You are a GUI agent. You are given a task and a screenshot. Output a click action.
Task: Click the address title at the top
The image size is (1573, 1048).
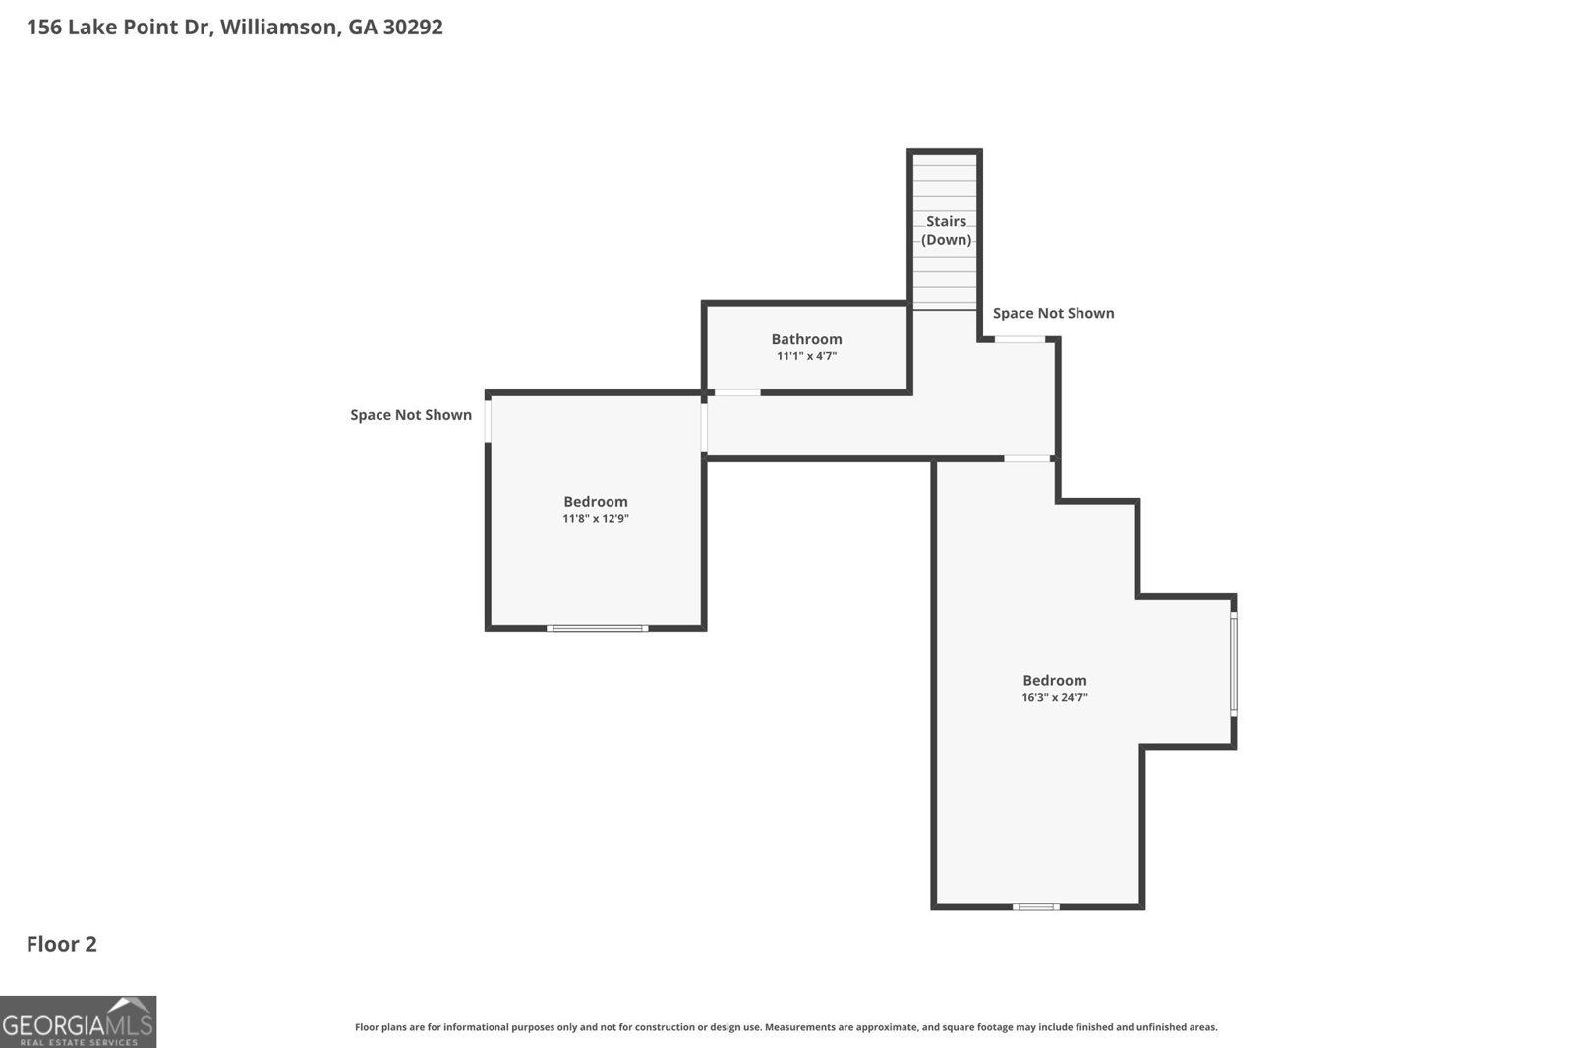[x=234, y=27]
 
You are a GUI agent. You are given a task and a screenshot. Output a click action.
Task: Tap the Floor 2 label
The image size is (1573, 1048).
[x=61, y=944]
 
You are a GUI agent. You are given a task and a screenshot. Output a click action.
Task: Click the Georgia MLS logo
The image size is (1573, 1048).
[x=78, y=1021]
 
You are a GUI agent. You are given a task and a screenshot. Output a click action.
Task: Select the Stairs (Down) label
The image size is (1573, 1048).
[x=946, y=230]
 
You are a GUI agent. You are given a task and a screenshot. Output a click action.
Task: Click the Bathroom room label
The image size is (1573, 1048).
[x=806, y=339]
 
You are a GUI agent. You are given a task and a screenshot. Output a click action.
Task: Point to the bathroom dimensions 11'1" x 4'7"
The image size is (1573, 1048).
[x=806, y=356]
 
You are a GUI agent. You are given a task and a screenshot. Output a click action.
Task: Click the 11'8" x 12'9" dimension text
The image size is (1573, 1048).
[x=596, y=518]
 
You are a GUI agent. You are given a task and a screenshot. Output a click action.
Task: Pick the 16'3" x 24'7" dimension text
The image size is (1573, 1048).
[x=1054, y=697]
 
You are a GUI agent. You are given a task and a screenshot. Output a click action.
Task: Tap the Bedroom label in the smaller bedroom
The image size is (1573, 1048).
[x=596, y=501]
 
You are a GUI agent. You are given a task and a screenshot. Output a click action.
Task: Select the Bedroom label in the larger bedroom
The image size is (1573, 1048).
[x=1054, y=680]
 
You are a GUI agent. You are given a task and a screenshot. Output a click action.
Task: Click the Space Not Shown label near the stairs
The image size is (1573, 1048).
[x=1053, y=313]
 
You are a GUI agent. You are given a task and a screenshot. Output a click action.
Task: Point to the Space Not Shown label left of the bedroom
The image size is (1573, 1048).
[x=411, y=415]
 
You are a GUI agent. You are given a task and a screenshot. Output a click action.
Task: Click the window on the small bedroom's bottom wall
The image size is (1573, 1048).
[x=598, y=628]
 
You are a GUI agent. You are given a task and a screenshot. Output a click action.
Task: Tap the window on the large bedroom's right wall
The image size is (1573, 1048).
[x=1234, y=664]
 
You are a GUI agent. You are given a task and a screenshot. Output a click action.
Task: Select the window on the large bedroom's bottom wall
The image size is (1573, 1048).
[x=1036, y=906]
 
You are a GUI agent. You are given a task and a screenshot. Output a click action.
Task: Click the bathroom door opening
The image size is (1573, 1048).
[x=737, y=392]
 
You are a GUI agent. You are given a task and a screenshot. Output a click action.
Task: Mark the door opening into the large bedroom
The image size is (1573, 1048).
[x=1027, y=458]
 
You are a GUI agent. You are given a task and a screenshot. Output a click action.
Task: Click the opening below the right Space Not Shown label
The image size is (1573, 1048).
[x=1020, y=339]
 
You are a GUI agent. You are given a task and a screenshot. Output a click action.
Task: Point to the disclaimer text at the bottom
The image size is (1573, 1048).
[x=786, y=1027]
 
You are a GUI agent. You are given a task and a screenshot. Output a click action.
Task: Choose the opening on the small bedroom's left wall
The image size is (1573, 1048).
[x=488, y=420]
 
